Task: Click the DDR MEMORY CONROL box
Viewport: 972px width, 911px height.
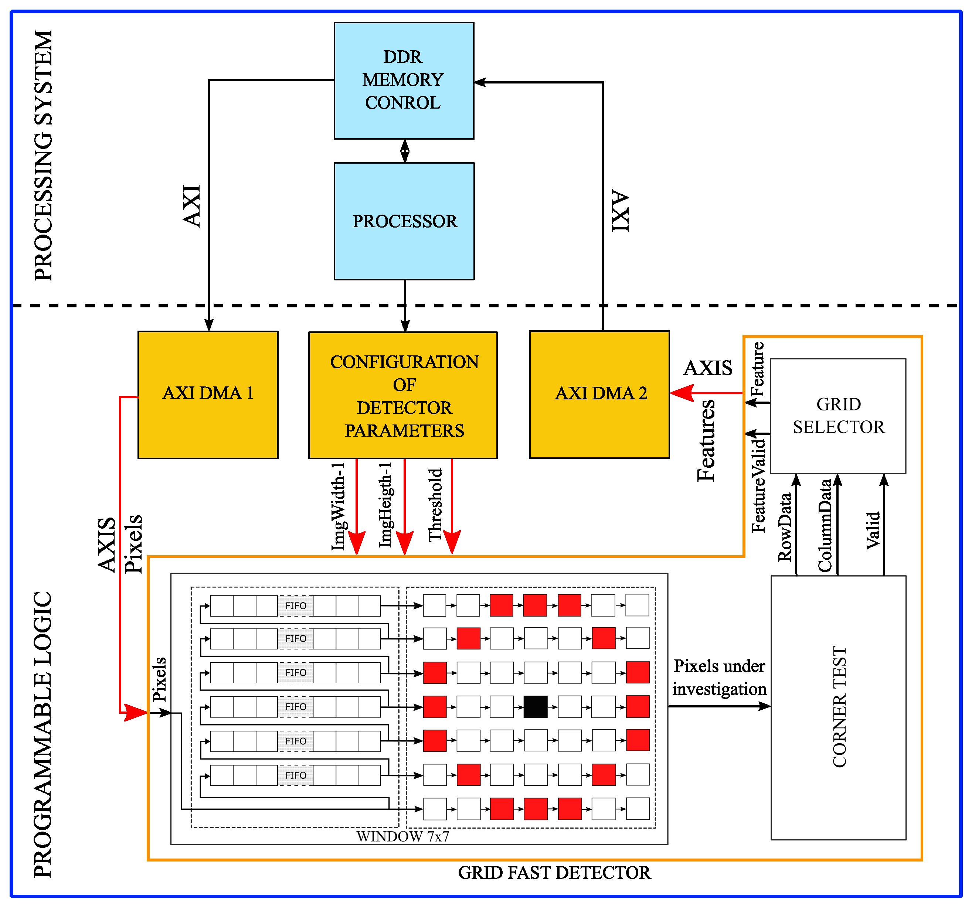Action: [404, 81]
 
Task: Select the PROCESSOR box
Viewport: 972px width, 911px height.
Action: [404, 221]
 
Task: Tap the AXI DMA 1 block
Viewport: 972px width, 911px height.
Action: [208, 395]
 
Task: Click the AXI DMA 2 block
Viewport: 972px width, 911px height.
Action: [599, 395]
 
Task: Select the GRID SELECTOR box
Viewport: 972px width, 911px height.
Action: [838, 416]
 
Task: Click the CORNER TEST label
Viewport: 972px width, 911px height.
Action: [839, 707]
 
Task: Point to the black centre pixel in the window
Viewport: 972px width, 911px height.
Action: [536, 707]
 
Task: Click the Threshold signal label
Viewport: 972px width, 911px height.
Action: [435, 505]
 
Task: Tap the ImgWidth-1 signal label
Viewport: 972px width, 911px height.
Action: [338, 506]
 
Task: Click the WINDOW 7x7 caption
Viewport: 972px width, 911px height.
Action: [402, 836]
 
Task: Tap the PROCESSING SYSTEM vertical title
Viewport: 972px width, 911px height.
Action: [43, 156]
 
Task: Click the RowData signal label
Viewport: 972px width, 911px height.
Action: [785, 527]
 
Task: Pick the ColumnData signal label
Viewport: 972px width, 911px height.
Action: [825, 525]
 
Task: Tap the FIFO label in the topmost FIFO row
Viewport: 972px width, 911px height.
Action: [296, 605]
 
